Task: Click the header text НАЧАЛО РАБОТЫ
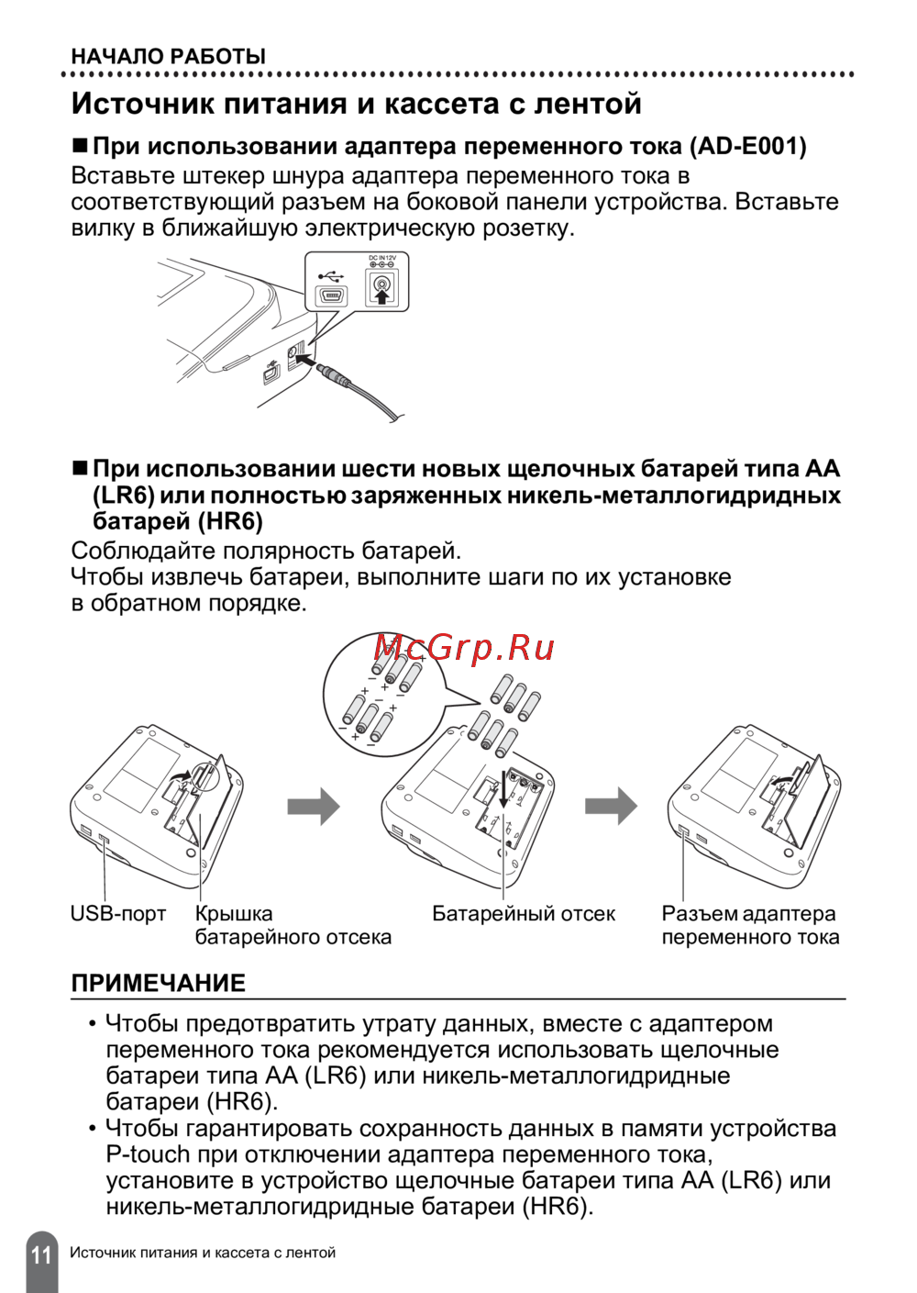169,57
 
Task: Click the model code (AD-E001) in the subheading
748,147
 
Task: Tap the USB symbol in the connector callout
330,275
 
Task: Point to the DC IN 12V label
382,258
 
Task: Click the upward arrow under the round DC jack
381,295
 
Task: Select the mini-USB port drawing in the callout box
331,296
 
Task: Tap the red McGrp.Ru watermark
464,648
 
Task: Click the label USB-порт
118,914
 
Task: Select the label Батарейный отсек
524,914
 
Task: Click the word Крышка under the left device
234,914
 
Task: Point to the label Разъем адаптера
748,914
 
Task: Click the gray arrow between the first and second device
314,807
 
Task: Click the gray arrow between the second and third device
611,806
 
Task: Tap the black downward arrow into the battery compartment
503,788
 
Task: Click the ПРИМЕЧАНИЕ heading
159,983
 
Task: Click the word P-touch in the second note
148,1154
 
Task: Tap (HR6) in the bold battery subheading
231,522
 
